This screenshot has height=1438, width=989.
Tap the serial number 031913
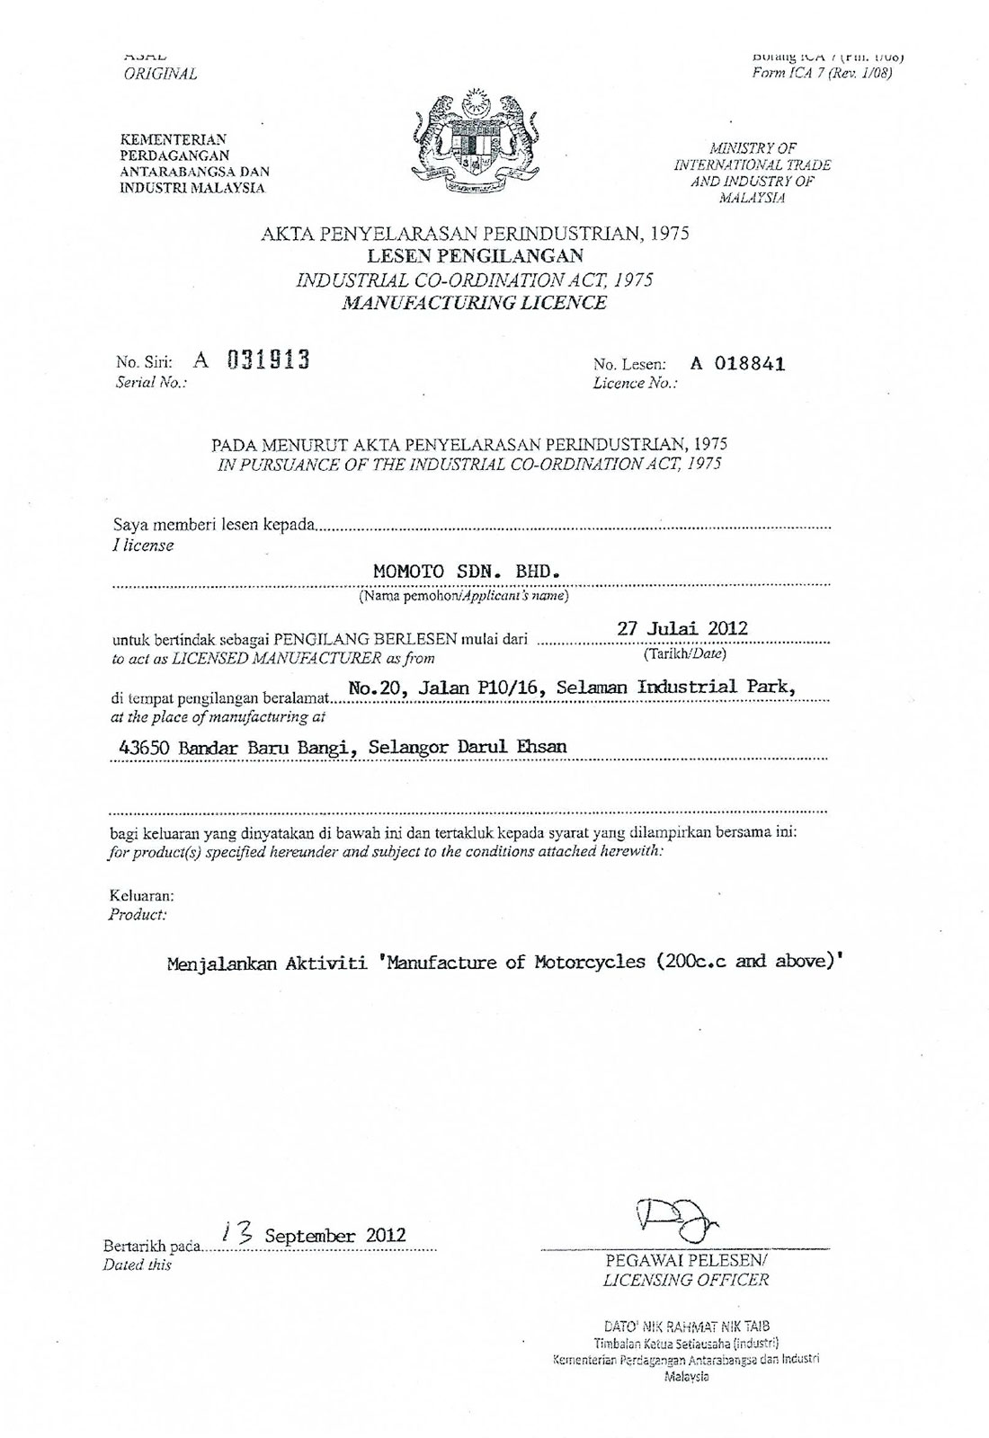point(268,360)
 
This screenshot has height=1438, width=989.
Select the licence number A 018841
point(737,364)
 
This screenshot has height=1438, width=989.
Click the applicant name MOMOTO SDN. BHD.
point(467,571)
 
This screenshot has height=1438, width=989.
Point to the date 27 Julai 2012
point(682,628)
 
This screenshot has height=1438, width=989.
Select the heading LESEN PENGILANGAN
point(476,256)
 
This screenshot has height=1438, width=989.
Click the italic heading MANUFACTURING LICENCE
point(475,303)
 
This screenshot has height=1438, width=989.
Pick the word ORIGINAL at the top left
point(160,74)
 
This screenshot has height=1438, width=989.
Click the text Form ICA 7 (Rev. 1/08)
point(822,74)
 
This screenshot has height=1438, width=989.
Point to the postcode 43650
point(145,747)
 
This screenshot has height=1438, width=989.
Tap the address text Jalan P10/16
point(482,688)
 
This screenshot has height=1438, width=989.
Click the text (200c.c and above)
point(750,962)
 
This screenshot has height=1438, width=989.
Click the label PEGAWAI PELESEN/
point(686,1261)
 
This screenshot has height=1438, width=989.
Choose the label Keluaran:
point(142,896)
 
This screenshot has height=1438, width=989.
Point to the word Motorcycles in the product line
point(590,962)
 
